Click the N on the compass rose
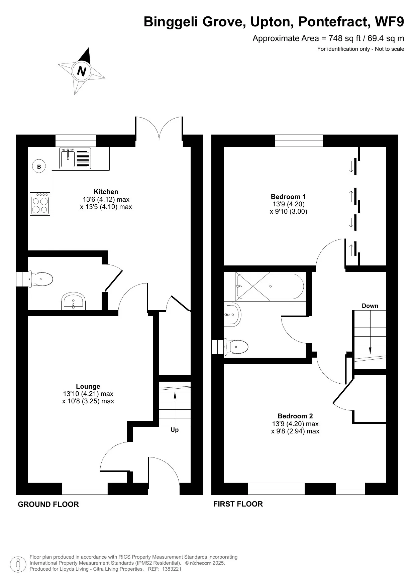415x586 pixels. point(82,71)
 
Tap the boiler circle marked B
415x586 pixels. point(39,166)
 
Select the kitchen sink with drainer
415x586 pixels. point(75,158)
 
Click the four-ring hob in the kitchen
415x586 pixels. point(40,204)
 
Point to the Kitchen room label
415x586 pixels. point(106,192)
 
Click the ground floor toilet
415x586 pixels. point(42,279)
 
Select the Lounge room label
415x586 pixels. point(88,386)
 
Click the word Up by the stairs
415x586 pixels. point(175,430)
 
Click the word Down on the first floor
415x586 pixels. point(370,306)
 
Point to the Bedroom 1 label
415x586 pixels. point(288,197)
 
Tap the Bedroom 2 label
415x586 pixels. point(295,416)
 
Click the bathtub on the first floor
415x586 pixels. point(270,286)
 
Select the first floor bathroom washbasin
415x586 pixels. point(233,315)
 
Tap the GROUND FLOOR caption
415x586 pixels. point(48,505)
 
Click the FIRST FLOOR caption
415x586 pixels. point(238,504)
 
